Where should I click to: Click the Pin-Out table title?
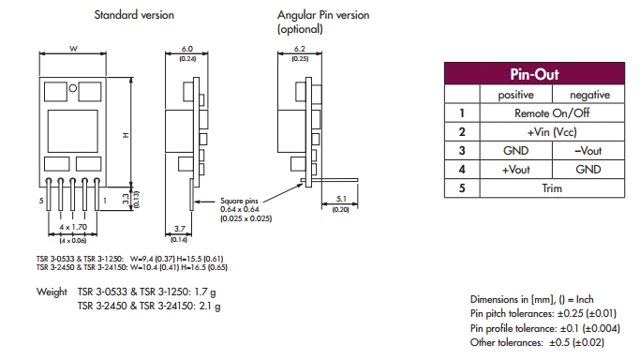(534, 74)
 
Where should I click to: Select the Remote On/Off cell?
(552, 113)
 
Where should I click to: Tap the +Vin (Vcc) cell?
(552, 132)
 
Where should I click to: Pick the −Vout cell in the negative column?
(588, 151)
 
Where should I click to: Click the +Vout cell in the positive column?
(516, 170)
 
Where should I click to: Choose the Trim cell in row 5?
(552, 188)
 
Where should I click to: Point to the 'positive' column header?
(516, 95)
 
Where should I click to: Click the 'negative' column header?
(589, 95)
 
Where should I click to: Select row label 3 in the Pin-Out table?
(462, 151)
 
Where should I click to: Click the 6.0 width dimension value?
(186, 49)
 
